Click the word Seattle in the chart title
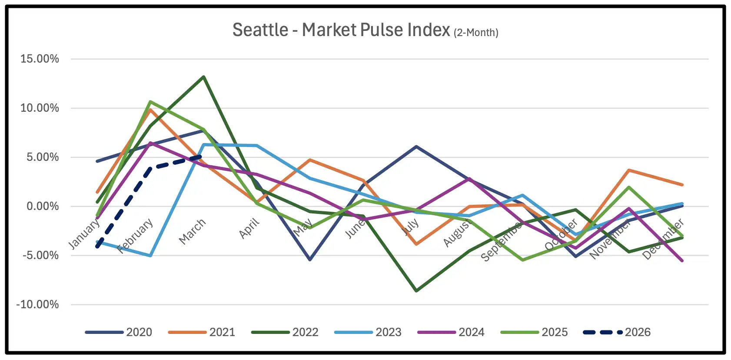(x=260, y=30)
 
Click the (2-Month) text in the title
(x=476, y=33)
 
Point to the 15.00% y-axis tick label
(x=40, y=59)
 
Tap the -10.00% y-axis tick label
(x=37, y=304)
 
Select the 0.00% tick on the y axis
(x=43, y=206)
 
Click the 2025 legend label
(x=555, y=332)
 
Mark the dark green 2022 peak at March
(x=203, y=77)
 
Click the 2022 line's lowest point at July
(x=416, y=290)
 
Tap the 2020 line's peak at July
(x=416, y=147)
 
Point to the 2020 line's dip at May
(x=310, y=260)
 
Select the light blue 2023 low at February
(x=150, y=256)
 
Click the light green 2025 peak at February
(x=150, y=102)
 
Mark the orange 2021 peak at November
(x=629, y=170)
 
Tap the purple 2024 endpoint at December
(x=682, y=261)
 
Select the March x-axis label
(x=192, y=231)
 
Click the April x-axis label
(x=249, y=228)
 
